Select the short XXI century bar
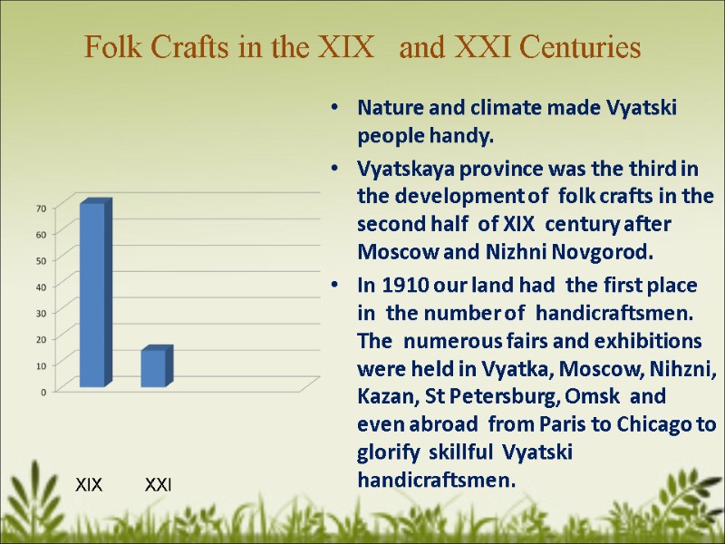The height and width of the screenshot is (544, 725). [154, 367]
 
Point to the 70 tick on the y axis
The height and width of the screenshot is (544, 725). [41, 209]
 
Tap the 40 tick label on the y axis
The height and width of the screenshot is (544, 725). [41, 287]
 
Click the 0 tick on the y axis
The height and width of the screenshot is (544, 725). [43, 392]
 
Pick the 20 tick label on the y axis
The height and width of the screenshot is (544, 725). [41, 339]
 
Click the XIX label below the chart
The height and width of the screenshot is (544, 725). [88, 486]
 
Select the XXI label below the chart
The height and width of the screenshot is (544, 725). [159, 486]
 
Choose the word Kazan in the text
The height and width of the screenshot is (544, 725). [384, 396]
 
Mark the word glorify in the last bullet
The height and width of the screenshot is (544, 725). [387, 452]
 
